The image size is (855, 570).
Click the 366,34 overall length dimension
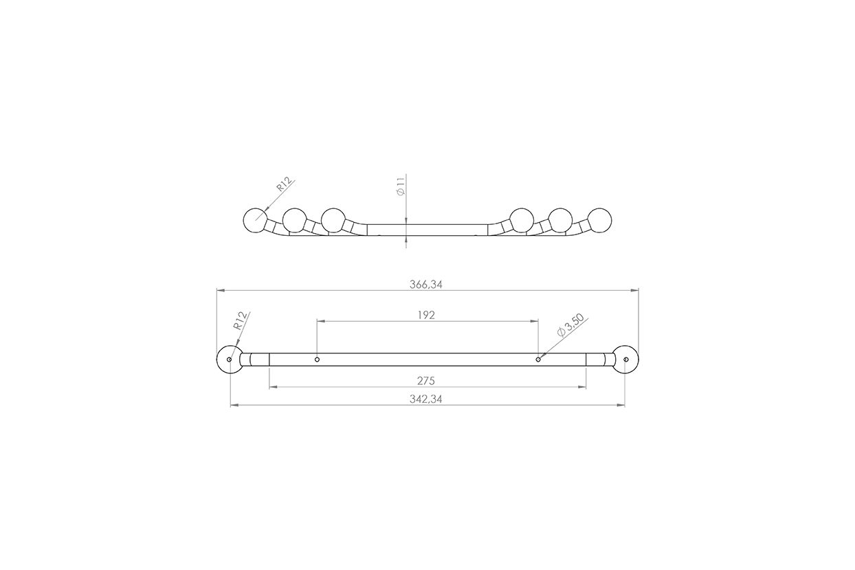click(x=426, y=285)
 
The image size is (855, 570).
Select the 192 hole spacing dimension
click(x=426, y=315)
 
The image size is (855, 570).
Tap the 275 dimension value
click(x=426, y=381)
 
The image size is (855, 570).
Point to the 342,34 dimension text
click(x=426, y=399)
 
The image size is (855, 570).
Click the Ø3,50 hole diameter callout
click(x=570, y=325)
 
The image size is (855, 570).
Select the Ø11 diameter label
click(x=401, y=187)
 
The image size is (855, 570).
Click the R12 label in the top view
click(x=285, y=184)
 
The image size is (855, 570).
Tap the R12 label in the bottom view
click(x=239, y=320)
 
